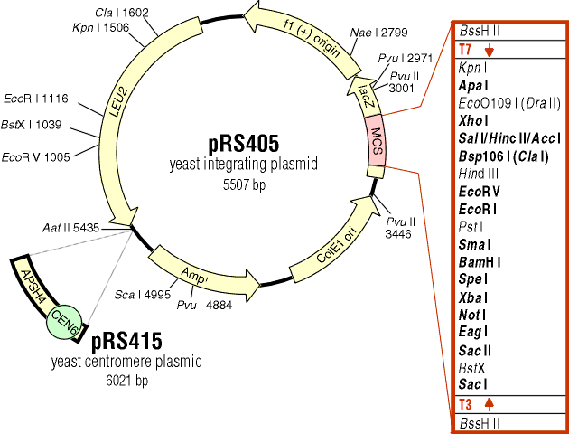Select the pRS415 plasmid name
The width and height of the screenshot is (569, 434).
tap(126, 341)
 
